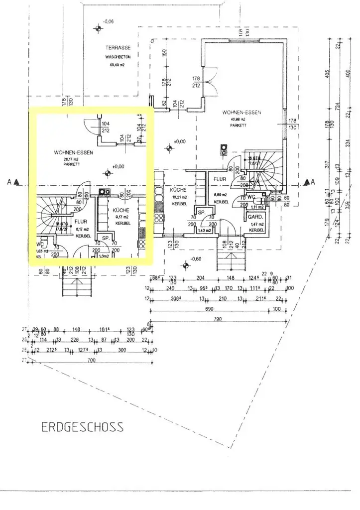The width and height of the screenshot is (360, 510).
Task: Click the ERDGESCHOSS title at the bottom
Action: tap(82, 427)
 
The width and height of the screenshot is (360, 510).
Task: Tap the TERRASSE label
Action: tap(118, 48)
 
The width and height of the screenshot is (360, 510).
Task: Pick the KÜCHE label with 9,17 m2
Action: tap(120, 211)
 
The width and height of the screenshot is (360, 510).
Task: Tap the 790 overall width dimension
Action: tap(218, 319)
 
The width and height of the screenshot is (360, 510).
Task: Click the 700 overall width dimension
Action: tap(91, 360)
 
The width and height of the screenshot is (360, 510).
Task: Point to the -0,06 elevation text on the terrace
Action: tap(108, 21)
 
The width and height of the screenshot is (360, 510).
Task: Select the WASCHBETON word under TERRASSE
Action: tap(118, 57)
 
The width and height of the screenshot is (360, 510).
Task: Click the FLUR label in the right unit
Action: tap(220, 178)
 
